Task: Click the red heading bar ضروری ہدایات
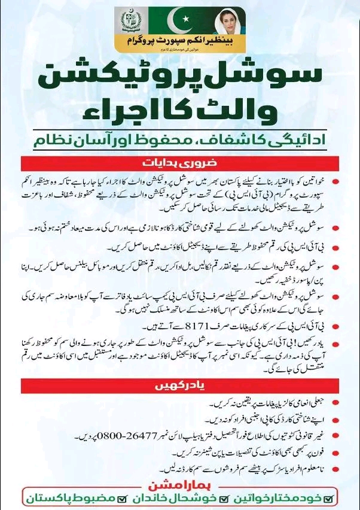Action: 179,163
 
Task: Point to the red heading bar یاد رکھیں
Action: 179,386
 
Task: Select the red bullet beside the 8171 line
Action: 338,327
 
